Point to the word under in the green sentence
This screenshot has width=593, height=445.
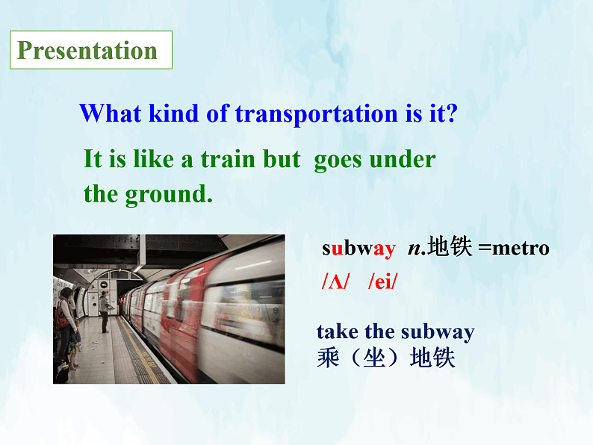403,159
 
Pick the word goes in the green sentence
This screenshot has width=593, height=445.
339,161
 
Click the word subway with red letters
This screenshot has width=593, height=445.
358,249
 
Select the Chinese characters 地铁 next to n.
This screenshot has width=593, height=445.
450,248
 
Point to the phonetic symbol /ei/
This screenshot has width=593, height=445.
383,282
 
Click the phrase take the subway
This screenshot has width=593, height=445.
395,332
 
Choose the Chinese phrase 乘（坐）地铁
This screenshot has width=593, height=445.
385,358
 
